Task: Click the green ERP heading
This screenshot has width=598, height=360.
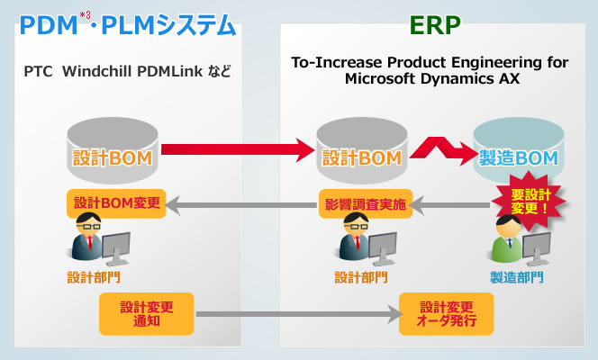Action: [434, 24]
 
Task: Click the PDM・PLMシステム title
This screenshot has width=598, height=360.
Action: [127, 25]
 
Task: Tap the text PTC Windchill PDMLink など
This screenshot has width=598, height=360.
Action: [125, 69]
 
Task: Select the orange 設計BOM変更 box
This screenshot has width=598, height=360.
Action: [116, 202]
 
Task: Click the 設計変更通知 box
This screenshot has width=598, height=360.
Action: [146, 313]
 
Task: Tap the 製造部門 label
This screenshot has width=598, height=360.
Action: [515, 276]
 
